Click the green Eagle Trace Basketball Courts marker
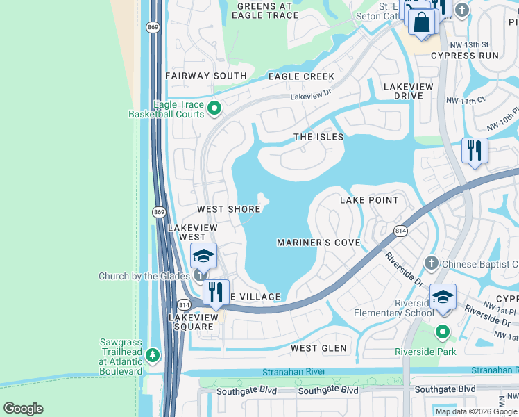click(214, 108)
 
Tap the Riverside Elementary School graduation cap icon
click(442, 297)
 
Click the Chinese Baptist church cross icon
click(431, 263)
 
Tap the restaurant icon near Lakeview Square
click(216, 292)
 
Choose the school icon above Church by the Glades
click(203, 256)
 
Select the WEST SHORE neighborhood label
click(228, 209)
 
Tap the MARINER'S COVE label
click(318, 243)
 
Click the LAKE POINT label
click(369, 200)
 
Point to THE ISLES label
click(318, 137)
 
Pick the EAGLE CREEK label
click(301, 76)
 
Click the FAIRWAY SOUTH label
click(205, 76)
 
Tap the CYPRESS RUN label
click(464, 56)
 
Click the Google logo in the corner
click(23, 409)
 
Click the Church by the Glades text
click(144, 276)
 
